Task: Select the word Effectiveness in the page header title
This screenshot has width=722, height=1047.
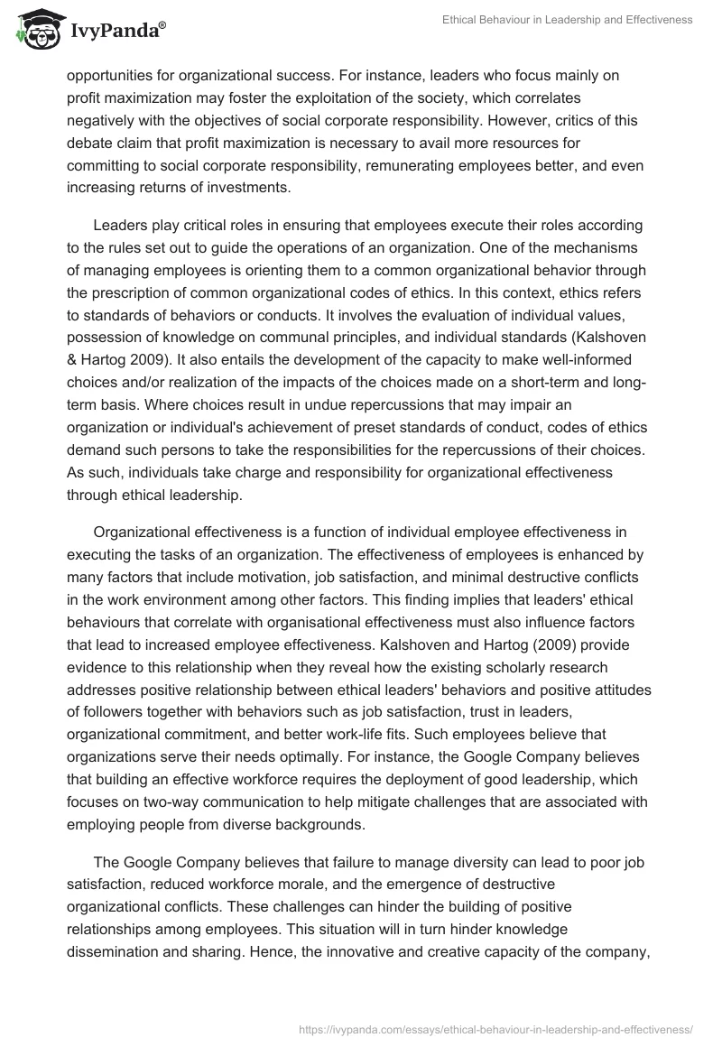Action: (652, 20)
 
